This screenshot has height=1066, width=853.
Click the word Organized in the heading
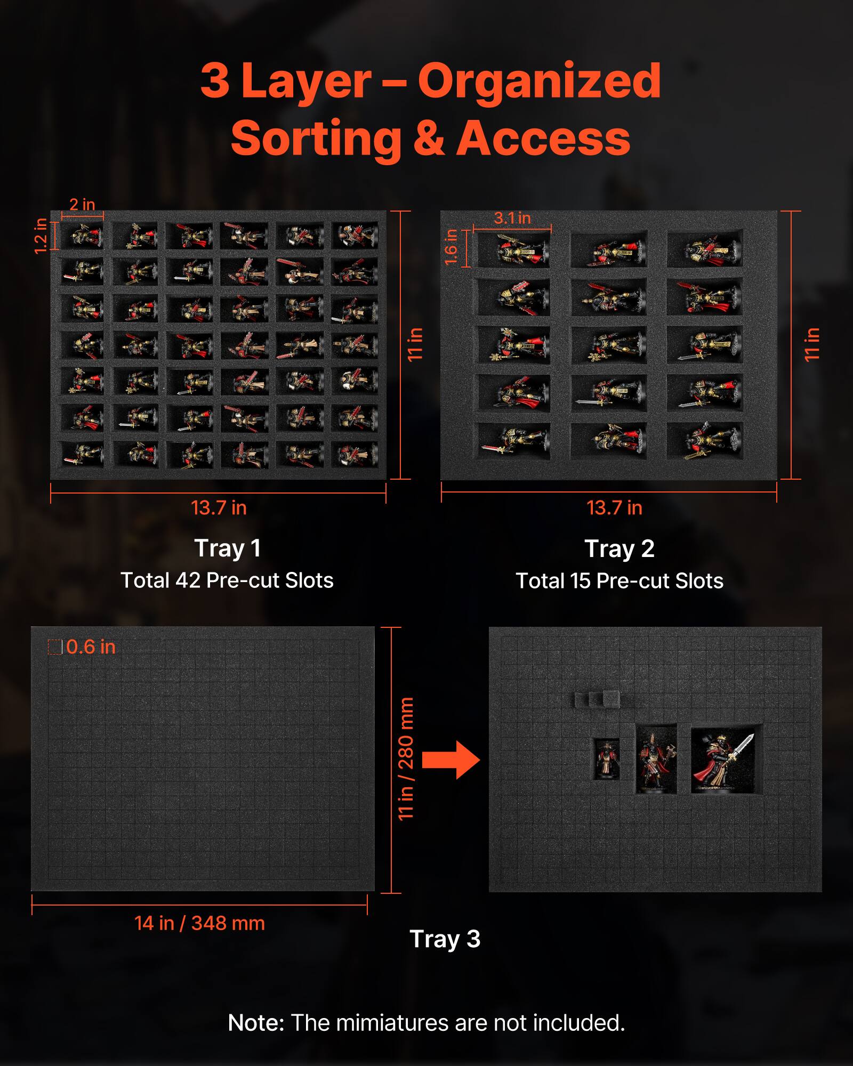coord(538,81)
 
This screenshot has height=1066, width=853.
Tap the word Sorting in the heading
coord(316,139)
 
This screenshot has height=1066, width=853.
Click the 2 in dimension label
coord(82,204)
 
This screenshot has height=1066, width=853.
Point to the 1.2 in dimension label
coord(41,236)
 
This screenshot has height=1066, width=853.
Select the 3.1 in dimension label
coord(512,218)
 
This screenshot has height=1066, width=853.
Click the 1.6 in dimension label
coord(451,247)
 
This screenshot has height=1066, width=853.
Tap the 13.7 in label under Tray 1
coord(219,508)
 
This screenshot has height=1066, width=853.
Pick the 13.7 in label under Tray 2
coord(614,508)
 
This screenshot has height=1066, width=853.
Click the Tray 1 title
coord(228,548)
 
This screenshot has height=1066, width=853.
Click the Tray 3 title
coord(445,939)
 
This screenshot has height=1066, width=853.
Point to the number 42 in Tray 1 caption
coord(188,580)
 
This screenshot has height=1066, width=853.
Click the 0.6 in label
coord(91,647)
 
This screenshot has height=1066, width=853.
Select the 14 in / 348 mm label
coord(199,923)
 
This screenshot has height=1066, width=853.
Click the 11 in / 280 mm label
coord(406,758)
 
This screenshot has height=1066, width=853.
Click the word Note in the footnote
coord(255,1023)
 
